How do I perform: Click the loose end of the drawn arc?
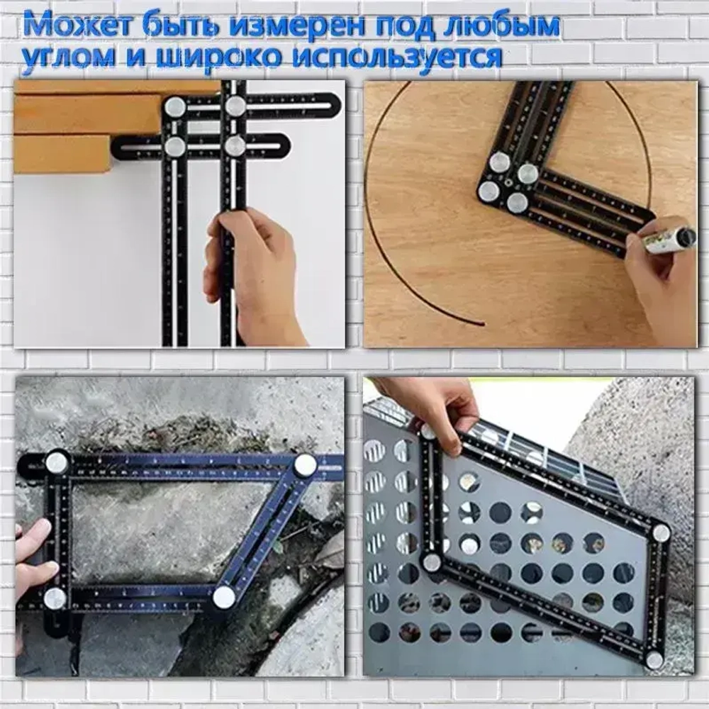click(483, 324)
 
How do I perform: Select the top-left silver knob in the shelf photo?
click(174, 107)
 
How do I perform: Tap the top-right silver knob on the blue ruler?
click(305, 465)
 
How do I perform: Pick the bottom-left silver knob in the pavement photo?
click(55, 598)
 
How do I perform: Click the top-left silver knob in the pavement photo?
click(57, 462)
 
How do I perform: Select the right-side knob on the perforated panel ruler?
click(661, 532)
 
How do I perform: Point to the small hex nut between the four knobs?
click(508, 184)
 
